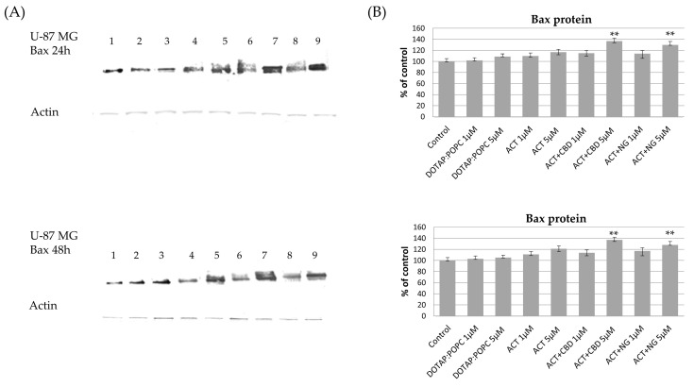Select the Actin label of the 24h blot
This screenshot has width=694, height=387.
(x=43, y=112)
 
